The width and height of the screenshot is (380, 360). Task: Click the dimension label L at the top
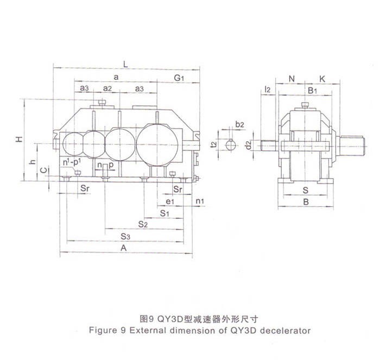[x=126, y=64]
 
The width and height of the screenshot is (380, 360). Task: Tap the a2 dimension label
[x=107, y=88]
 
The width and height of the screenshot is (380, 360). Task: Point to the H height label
[x=20, y=139]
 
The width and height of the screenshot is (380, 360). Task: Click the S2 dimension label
[x=143, y=224]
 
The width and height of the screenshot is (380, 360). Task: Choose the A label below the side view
[x=124, y=248]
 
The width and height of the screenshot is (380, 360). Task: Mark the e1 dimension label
[x=170, y=202]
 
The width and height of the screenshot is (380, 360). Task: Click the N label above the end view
[x=292, y=79]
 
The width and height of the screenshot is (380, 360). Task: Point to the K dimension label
[x=322, y=79]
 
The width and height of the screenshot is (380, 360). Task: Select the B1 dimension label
[x=312, y=90]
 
